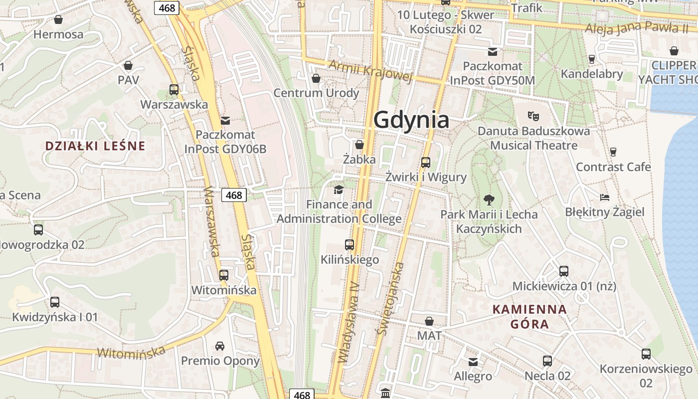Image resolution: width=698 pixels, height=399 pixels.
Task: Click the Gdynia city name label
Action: (x=411, y=120)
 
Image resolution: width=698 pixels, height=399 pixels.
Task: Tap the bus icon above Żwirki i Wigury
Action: (x=425, y=162)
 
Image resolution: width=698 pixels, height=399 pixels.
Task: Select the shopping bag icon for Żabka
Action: (x=359, y=145)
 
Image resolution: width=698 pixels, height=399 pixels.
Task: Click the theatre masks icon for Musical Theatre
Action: (x=533, y=116)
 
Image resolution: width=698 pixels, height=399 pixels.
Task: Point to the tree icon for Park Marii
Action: (x=489, y=199)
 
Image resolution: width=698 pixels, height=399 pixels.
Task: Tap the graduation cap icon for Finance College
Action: (x=339, y=190)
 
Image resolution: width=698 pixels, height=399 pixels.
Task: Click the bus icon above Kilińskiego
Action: (x=349, y=244)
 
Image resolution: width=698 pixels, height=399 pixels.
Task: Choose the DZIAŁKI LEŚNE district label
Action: (x=95, y=146)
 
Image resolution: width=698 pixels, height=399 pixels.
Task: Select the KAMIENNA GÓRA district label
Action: (x=529, y=317)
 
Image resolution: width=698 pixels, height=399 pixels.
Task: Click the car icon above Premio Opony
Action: (x=220, y=346)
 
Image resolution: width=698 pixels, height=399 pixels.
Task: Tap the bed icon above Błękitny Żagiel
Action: (x=605, y=197)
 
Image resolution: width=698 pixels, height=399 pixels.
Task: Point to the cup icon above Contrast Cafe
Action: (x=613, y=152)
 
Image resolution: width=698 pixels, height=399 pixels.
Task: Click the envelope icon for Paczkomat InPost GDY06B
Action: (x=225, y=120)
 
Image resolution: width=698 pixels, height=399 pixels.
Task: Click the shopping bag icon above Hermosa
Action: (x=58, y=19)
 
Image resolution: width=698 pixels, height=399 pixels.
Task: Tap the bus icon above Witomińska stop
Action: (x=224, y=275)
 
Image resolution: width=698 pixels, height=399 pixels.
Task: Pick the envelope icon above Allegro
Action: (x=473, y=361)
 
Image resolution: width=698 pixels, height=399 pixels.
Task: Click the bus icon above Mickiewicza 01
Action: (x=564, y=271)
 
